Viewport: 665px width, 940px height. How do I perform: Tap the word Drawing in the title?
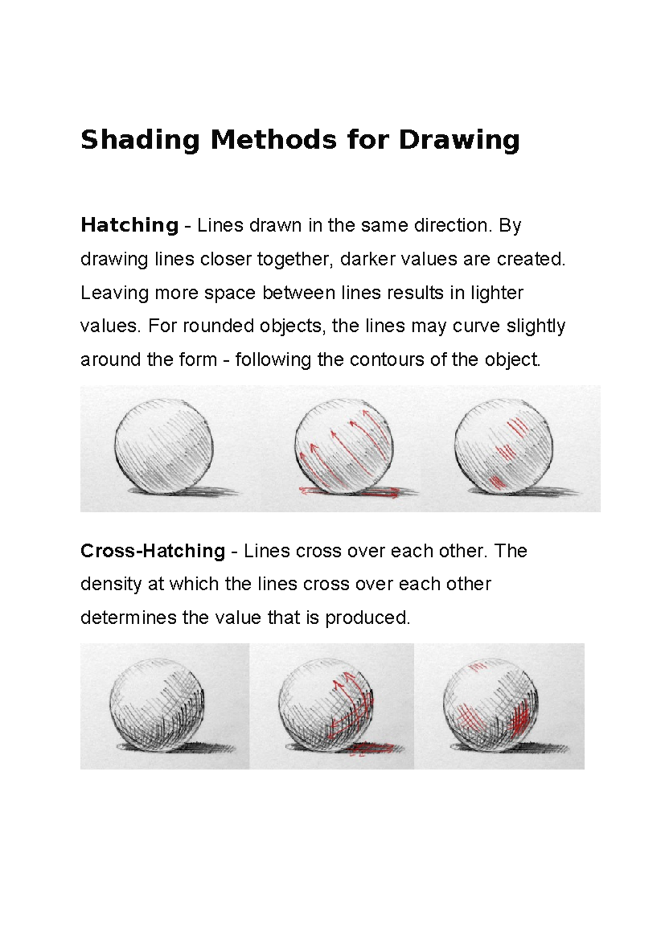pos(459,140)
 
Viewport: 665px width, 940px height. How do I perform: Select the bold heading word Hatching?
pos(129,225)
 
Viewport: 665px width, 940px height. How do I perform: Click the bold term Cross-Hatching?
pos(152,551)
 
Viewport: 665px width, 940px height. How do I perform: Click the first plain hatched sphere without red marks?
pos(164,446)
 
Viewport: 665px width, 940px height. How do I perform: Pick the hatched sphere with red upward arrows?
pos(344,446)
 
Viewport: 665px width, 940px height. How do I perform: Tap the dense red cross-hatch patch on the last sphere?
pos(519,721)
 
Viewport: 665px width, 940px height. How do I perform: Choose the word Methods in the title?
pos(273,140)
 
